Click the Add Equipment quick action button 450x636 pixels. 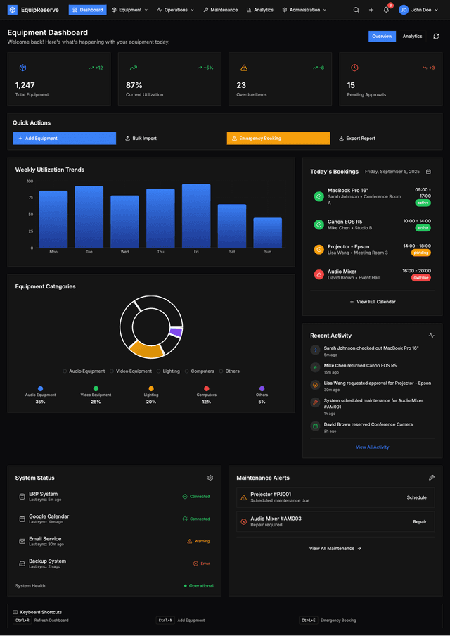pos(64,139)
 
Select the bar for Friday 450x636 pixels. pos(196,216)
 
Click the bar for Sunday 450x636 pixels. pos(267,233)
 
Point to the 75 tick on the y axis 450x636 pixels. pos(30,198)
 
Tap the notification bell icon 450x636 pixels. pos(386,10)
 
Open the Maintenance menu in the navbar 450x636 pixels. pos(220,10)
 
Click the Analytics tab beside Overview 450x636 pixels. pos(412,37)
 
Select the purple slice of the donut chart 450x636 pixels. pos(176,332)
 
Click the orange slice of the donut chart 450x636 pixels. pos(146,348)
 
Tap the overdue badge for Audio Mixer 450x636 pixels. pos(420,278)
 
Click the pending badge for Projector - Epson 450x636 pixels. pos(420,253)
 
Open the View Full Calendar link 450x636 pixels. pos(373,302)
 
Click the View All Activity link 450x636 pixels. pos(372,447)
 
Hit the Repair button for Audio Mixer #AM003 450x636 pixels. pos(420,522)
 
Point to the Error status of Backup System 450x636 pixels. pos(202,564)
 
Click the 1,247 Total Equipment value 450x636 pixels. pos(25,85)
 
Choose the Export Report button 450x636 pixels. pos(357,139)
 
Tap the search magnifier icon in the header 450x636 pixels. pos(356,10)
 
